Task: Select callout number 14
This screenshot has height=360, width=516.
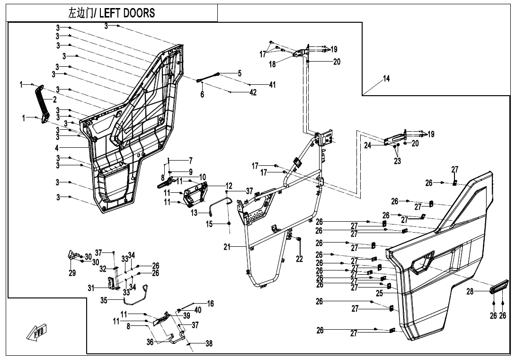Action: (x=386, y=79)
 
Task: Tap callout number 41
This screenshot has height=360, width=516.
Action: (x=272, y=85)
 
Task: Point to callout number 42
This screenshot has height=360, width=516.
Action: (x=253, y=93)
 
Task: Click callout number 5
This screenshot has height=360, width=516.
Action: (x=240, y=73)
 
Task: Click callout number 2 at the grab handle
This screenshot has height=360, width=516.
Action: (x=54, y=99)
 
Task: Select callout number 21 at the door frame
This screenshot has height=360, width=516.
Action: (x=227, y=247)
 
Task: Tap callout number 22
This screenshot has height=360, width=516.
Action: (x=299, y=259)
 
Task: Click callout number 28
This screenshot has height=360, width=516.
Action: (x=470, y=292)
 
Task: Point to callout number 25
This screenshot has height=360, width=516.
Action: (x=379, y=294)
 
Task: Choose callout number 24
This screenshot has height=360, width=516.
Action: (x=368, y=145)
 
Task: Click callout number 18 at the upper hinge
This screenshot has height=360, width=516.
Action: (x=273, y=64)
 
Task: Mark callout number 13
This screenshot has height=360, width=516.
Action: (x=194, y=213)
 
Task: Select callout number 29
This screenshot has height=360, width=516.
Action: (x=72, y=274)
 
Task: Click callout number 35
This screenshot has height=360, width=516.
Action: (x=104, y=300)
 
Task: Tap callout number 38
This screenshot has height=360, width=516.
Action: (x=209, y=344)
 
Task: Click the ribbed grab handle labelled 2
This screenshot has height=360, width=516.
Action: (x=42, y=104)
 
